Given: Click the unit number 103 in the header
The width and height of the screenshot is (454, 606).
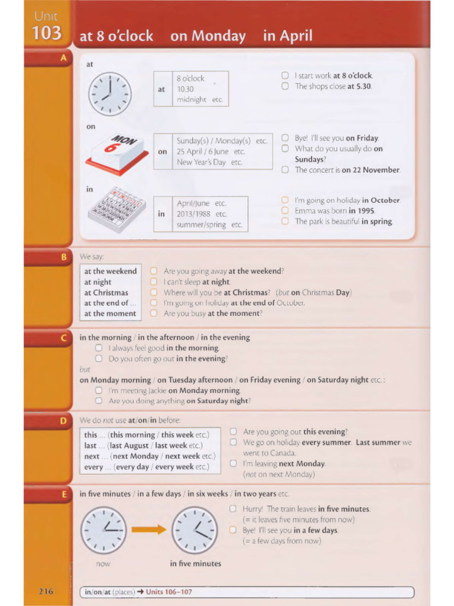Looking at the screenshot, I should pyautogui.click(x=47, y=33).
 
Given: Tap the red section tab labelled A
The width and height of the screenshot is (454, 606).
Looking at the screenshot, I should pyautogui.click(x=63, y=57).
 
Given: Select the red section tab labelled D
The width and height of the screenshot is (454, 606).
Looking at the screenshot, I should pyautogui.click(x=63, y=421).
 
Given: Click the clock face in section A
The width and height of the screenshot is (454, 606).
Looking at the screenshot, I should pyautogui.click(x=109, y=94).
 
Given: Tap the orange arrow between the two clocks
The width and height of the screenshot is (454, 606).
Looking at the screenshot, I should pyautogui.click(x=148, y=529).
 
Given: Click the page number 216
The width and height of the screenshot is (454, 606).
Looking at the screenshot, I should pyautogui.click(x=46, y=591).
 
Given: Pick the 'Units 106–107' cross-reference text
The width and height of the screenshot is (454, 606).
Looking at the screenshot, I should pyautogui.click(x=169, y=592).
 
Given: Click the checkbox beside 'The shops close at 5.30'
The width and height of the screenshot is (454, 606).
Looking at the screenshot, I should pyautogui.click(x=285, y=86).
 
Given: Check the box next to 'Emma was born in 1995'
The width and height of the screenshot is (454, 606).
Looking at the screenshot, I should pyautogui.click(x=285, y=211).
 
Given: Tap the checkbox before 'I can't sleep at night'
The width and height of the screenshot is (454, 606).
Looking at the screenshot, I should pyautogui.click(x=154, y=282).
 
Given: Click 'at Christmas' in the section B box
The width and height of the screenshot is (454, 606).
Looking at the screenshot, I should pyautogui.click(x=106, y=292).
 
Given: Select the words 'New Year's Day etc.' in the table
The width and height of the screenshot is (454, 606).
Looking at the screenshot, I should pyautogui.click(x=210, y=162).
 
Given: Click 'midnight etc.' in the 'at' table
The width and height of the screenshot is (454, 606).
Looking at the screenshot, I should pyautogui.click(x=200, y=99).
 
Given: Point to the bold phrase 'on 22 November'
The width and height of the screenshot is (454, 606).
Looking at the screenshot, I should pyautogui.click(x=371, y=170).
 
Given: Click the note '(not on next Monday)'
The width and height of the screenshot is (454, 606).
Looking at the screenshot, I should pyautogui.click(x=278, y=474).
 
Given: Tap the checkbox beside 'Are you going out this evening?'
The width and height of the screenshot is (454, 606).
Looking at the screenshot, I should pyautogui.click(x=233, y=431).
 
